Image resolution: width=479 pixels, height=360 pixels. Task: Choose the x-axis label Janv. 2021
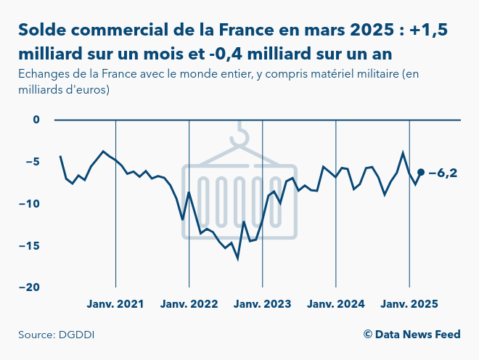point(115,304)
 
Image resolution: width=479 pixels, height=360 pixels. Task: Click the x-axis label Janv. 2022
point(189,304)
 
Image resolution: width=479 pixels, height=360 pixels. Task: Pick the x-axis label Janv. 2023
point(262,304)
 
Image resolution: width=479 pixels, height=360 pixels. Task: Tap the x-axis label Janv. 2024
point(335,304)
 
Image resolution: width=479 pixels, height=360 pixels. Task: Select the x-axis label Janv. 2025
point(409,304)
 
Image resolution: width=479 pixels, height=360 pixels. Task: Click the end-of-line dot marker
point(421,172)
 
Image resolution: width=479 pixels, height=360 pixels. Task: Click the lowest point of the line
point(237,258)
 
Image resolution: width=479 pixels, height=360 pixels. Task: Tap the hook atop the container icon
point(240,134)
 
